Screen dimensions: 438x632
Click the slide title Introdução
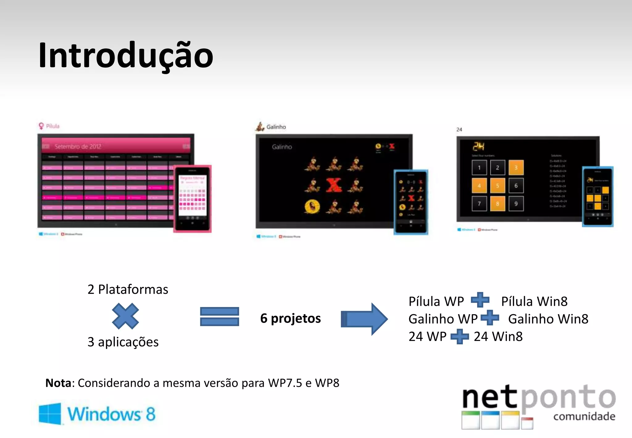point(126,56)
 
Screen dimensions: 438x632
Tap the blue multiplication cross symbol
point(125,316)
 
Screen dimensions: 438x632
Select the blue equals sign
point(219,316)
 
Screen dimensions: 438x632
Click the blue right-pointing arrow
point(364,319)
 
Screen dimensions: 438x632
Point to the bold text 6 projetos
point(290,318)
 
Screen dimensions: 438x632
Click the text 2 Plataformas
point(128,289)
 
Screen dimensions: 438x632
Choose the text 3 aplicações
point(123,342)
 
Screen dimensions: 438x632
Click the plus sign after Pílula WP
point(480,300)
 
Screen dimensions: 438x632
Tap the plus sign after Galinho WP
point(490,318)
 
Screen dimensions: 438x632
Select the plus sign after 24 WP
point(459,336)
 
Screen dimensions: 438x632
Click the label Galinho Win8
point(548,319)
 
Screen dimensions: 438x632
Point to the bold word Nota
point(58,383)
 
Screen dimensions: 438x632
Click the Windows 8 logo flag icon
point(50,414)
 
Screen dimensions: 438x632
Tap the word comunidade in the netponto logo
point(584,416)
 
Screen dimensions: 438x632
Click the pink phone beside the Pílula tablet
point(192,199)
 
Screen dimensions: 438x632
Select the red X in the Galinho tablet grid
point(334,185)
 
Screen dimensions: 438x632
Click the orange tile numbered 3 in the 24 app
point(516,168)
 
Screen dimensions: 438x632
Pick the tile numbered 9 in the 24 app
point(516,204)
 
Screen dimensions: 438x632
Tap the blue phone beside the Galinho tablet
point(411,202)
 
